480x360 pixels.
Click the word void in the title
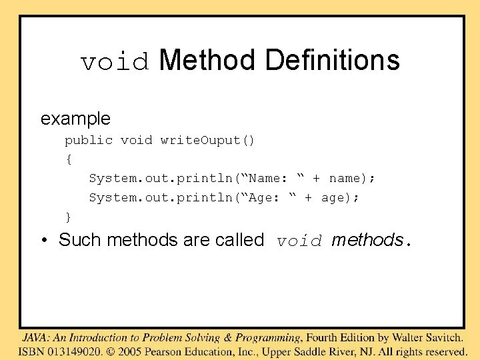pyautogui.click(x=115, y=62)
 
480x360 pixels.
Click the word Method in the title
pyautogui.click(x=207, y=60)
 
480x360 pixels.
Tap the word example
pyautogui.click(x=75, y=119)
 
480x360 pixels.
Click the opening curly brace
pyautogui.click(x=68, y=159)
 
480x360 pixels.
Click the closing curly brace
pyautogui.click(x=68, y=217)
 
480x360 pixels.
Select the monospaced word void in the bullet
pyautogui.click(x=300, y=241)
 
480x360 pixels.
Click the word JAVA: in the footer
pyautogui.click(x=37, y=338)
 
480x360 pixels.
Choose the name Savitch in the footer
pyautogui.click(x=442, y=338)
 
